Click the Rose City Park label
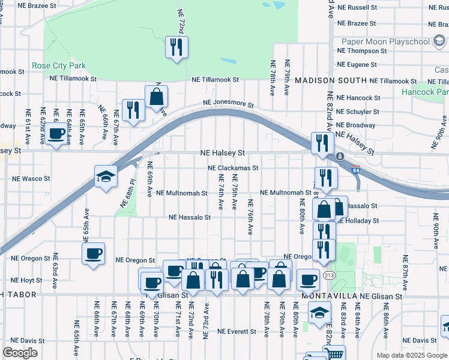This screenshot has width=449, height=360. (x=59, y=65)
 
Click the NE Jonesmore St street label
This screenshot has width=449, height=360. (x=228, y=104)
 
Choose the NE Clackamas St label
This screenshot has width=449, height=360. (x=233, y=169)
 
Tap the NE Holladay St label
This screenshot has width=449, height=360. (x=358, y=221)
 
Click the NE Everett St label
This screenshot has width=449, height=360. (x=238, y=331)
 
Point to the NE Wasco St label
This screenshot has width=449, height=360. (x=31, y=179)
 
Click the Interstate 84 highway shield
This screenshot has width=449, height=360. (x=355, y=170)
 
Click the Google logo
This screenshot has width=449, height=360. (x=20, y=353)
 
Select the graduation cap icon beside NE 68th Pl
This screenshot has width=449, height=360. (x=106, y=176)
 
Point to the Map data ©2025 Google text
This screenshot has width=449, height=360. (x=411, y=355)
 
